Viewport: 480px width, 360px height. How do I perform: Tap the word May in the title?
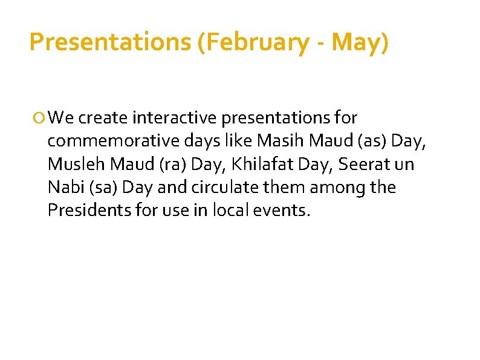click(x=357, y=42)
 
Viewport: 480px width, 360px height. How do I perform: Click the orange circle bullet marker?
click(x=41, y=117)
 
